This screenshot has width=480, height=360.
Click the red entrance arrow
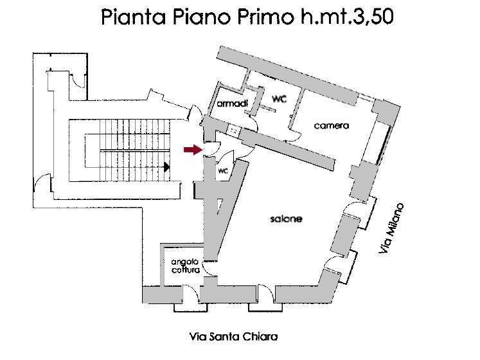tap(193, 150)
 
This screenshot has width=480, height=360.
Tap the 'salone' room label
tap(286, 219)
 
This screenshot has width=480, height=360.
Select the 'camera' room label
tap(332, 125)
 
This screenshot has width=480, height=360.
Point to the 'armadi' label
tap(233, 104)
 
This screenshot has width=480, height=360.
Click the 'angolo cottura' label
tap(186, 266)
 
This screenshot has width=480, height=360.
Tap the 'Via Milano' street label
tap(391, 228)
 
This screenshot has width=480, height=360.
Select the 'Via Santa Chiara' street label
tap(233, 337)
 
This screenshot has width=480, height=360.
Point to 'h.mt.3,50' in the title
tap(346, 17)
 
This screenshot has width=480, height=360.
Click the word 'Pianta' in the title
tap(134, 17)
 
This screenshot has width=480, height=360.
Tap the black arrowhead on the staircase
tap(167, 167)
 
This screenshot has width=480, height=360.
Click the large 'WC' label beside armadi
tap(279, 99)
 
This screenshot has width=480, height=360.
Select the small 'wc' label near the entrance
tap(223, 170)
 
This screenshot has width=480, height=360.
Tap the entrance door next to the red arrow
tap(212, 149)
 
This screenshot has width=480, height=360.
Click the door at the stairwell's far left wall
tap(43, 182)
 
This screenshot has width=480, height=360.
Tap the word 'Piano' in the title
tap(201, 17)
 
